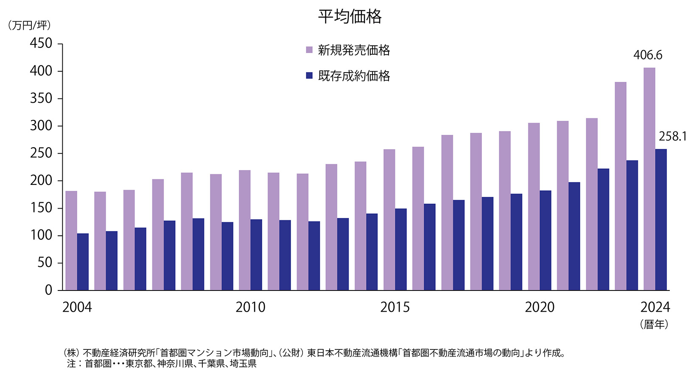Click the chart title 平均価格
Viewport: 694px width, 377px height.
tap(350, 17)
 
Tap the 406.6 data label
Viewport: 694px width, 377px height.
tap(648, 55)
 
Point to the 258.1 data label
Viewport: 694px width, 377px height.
tap(672, 137)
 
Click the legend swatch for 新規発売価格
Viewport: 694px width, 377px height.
tap(309, 50)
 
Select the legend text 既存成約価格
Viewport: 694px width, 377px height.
tap(354, 76)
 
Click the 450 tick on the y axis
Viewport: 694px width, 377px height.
tap(41, 43)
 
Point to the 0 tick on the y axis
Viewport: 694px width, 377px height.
tap(48, 290)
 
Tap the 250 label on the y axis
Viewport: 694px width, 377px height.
tap(41, 153)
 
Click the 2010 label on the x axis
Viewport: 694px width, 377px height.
tap(250, 307)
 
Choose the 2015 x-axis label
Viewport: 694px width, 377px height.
tap(395, 307)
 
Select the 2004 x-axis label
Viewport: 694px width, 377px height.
tap(77, 307)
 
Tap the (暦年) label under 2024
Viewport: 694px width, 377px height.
tap(654, 324)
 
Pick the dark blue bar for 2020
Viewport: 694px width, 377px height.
tap(545, 240)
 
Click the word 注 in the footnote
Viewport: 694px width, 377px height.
tap(71, 364)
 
